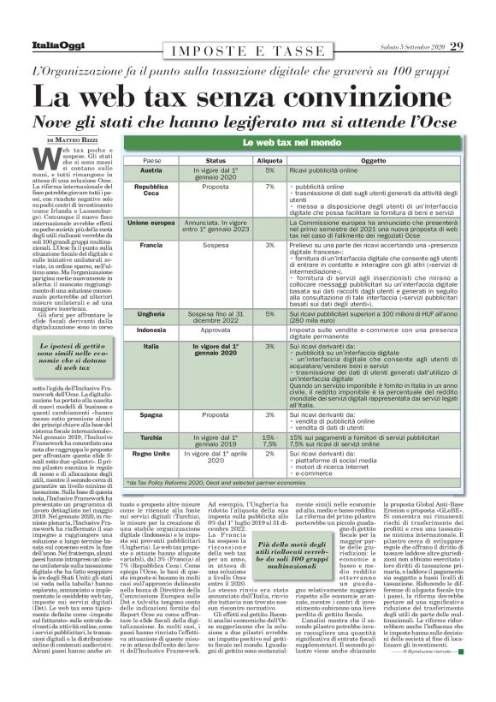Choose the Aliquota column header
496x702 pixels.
[270, 160]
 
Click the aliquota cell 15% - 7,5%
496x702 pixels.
[269, 440]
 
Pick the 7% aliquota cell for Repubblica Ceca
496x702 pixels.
[269, 186]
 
